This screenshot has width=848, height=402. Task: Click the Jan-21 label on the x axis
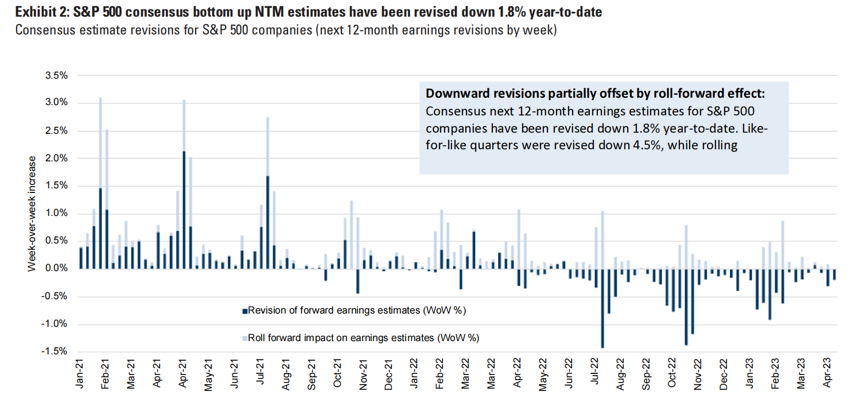tap(81, 373)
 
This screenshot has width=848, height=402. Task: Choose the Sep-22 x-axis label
tap(645, 373)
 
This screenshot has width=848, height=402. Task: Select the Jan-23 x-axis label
tap(749, 373)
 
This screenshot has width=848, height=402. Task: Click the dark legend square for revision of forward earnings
tap(244, 311)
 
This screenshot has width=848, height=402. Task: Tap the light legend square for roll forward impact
tap(244, 338)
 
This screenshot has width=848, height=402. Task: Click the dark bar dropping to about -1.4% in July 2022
tap(602, 308)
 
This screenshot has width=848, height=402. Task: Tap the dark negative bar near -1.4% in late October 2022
tap(686, 307)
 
